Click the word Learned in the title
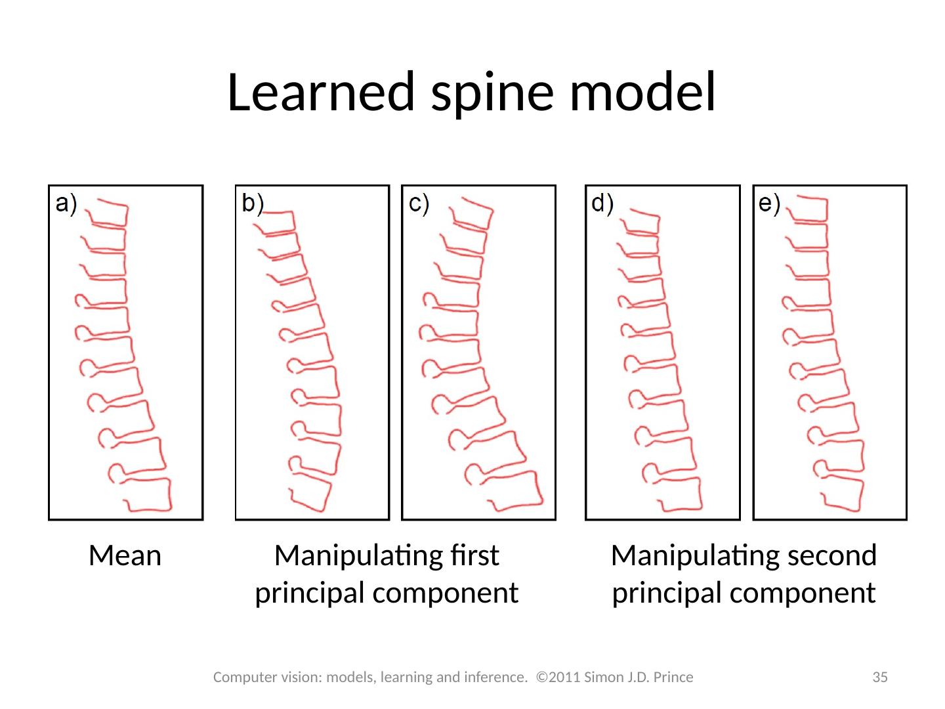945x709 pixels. pyautogui.click(x=321, y=92)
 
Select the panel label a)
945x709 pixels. pyautogui.click(x=66, y=204)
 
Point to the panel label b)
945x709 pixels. pyautogui.click(x=252, y=204)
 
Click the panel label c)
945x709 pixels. pyautogui.click(x=419, y=204)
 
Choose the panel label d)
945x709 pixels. pyautogui.click(x=602, y=204)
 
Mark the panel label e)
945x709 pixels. pyautogui.click(x=769, y=204)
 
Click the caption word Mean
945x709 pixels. pyautogui.click(x=125, y=555)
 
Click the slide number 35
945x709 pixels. pyautogui.click(x=879, y=677)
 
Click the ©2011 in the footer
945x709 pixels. pyautogui.click(x=558, y=677)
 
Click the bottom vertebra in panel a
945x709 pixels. pyautogui.click(x=148, y=494)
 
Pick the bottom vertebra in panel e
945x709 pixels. pyautogui.click(x=842, y=493)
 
